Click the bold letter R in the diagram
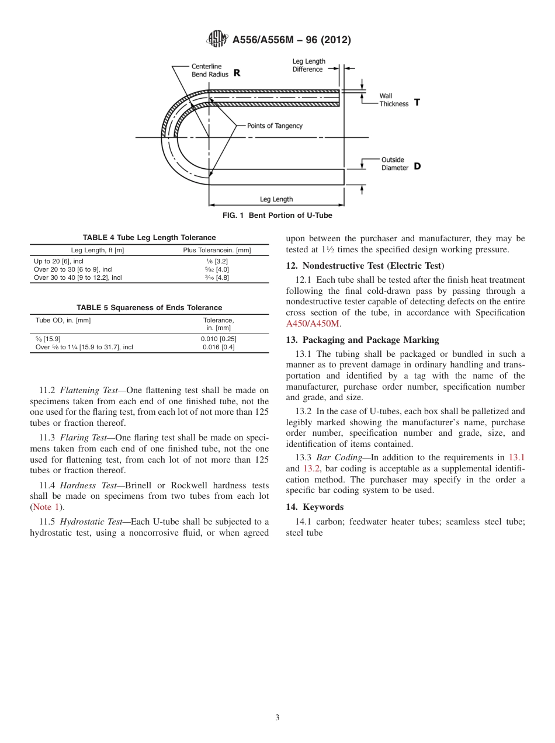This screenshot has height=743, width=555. pyautogui.click(x=237, y=73)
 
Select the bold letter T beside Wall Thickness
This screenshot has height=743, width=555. pyautogui.click(x=417, y=102)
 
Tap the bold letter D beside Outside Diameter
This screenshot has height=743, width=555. pyautogui.click(x=417, y=166)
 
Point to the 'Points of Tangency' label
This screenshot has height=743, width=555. pyautogui.click(x=275, y=126)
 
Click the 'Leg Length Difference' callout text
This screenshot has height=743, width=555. pyautogui.click(x=308, y=65)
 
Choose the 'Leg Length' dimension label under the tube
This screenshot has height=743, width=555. pyautogui.click(x=276, y=199)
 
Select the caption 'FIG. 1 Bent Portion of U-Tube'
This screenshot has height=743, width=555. pyautogui.click(x=277, y=216)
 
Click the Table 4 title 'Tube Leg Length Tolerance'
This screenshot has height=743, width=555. pyautogui.click(x=149, y=238)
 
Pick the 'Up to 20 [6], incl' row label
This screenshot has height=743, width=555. pyautogui.click(x=58, y=261)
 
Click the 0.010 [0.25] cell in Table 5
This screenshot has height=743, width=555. pyautogui.click(x=218, y=339)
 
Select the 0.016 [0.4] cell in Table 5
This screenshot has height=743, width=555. pyautogui.click(x=218, y=347)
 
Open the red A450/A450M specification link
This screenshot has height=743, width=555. pyautogui.click(x=313, y=323)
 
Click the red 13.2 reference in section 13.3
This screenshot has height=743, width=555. pyautogui.click(x=311, y=468)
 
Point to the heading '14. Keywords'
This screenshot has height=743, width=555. pyautogui.click(x=314, y=506)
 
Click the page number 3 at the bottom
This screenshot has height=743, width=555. pyautogui.click(x=277, y=718)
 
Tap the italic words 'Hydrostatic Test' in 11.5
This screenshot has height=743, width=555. pyautogui.click(x=91, y=522)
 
